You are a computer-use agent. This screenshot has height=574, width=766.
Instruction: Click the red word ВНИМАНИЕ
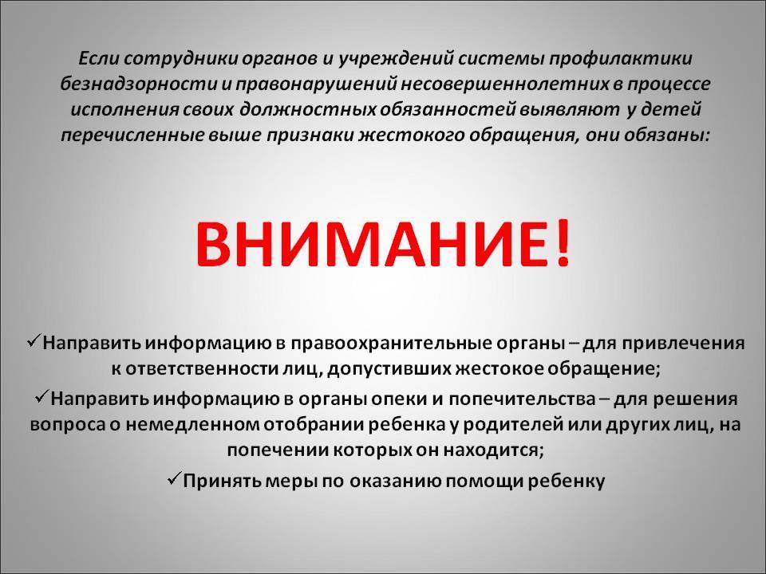click(371, 242)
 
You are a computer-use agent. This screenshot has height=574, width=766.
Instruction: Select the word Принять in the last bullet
click(222, 482)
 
